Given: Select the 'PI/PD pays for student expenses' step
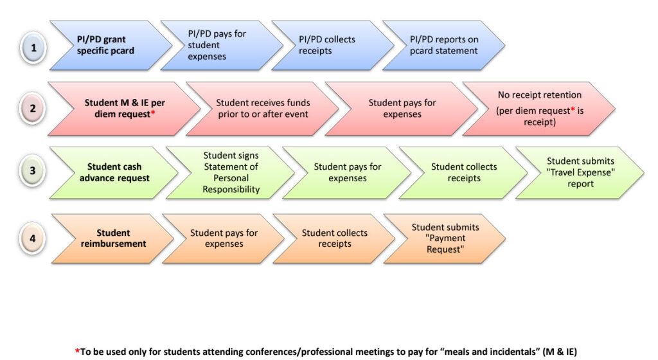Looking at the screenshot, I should [x=217, y=46].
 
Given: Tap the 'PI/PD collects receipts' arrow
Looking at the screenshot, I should [x=328, y=46].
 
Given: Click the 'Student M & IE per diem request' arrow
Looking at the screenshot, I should [x=121, y=108].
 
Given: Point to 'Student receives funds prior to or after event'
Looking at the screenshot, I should [x=261, y=108].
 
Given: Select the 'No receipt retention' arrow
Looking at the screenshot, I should [x=537, y=108].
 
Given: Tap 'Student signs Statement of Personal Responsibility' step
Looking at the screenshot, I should [x=228, y=172].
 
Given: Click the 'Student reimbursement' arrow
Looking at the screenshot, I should [x=109, y=239].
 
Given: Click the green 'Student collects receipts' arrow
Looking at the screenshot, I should [x=461, y=172].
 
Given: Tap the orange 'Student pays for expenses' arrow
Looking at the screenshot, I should [x=222, y=239].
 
